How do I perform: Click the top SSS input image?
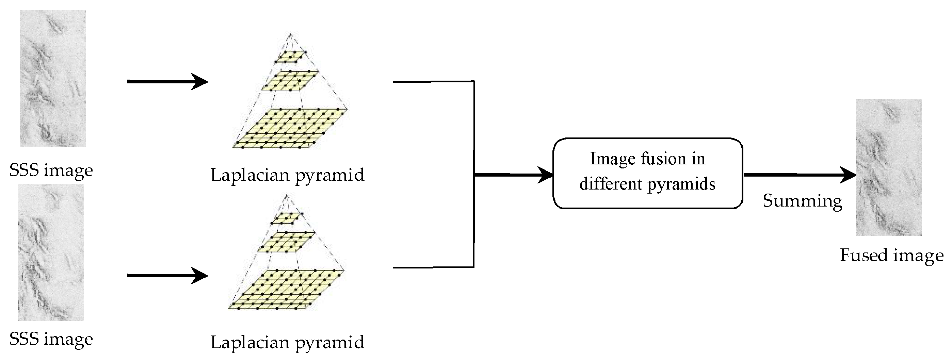pyautogui.click(x=53, y=78)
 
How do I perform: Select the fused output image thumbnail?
pyautogui.click(x=888, y=167)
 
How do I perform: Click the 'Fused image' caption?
pyautogui.click(x=891, y=256)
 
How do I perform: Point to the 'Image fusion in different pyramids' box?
pyautogui.click(x=647, y=173)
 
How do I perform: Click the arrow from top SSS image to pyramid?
pyautogui.click(x=167, y=81)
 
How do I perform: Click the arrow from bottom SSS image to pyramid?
pyautogui.click(x=167, y=276)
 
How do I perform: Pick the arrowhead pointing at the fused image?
pyautogui.click(x=848, y=175)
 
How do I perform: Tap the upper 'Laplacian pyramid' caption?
pyautogui.click(x=287, y=175)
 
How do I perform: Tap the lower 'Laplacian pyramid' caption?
pyautogui.click(x=287, y=343)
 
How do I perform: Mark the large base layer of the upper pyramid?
pyautogui.click(x=290, y=128)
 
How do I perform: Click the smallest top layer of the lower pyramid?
pyautogui.click(x=287, y=218)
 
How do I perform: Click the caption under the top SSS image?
pyautogui.click(x=51, y=171)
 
